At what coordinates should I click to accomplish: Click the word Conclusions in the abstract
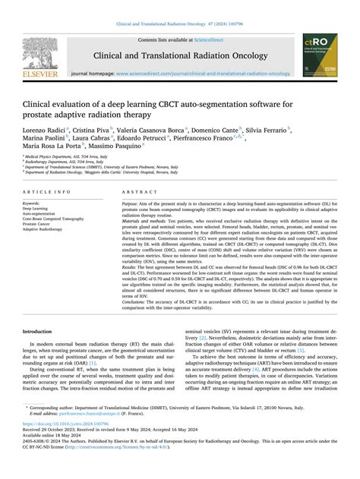[x=138, y=301]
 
